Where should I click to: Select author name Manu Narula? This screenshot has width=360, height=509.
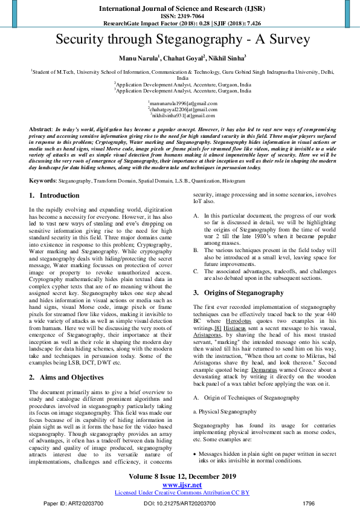[138, 59]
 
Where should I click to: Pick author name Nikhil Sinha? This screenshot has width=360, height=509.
[227, 59]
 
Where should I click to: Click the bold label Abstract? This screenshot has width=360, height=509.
[40, 130]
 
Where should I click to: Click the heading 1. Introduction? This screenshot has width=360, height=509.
[54, 196]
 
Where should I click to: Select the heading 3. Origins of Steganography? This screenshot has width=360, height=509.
[238, 293]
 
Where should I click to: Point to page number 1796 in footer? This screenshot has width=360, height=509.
[308, 503]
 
